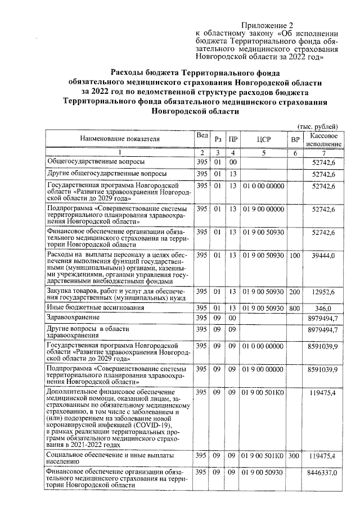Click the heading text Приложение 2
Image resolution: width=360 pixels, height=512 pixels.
[268, 26]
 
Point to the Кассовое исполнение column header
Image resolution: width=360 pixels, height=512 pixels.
[323, 139]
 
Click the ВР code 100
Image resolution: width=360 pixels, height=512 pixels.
[294, 256]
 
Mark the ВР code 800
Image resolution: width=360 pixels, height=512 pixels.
[294, 308]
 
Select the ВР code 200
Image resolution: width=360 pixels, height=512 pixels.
[294, 292]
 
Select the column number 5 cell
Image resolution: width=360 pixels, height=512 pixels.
[263, 152]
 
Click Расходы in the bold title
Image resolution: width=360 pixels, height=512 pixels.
[127, 73]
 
